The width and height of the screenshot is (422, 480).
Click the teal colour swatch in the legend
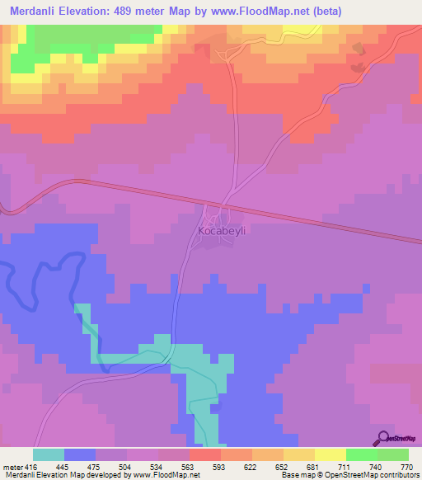pyautogui.click(x=49, y=454)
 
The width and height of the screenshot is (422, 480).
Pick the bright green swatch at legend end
pyautogui.click(x=393, y=454)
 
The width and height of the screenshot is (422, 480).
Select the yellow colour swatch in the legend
pyautogui.click(x=331, y=454)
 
